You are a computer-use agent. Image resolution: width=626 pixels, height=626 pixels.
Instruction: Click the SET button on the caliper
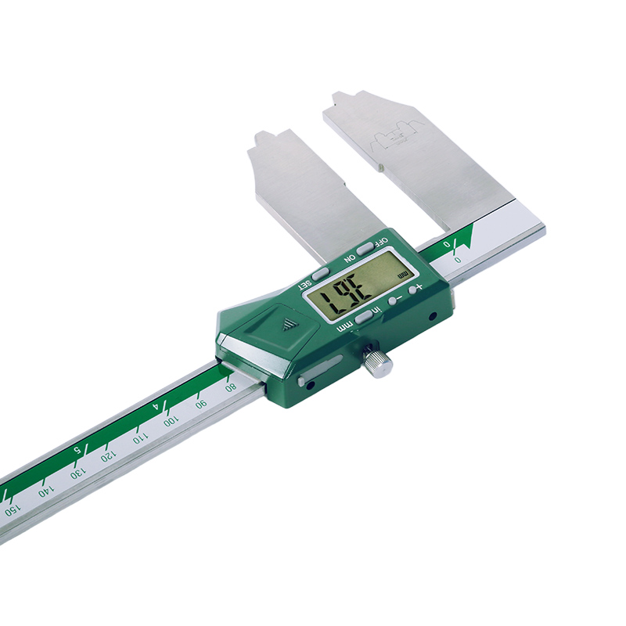click(x=321, y=274)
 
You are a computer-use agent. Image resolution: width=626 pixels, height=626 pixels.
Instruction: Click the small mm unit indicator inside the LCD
click(x=402, y=275)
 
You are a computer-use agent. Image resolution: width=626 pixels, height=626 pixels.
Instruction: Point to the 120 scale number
click(x=107, y=456)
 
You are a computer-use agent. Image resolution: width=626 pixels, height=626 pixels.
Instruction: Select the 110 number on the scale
click(x=139, y=438)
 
